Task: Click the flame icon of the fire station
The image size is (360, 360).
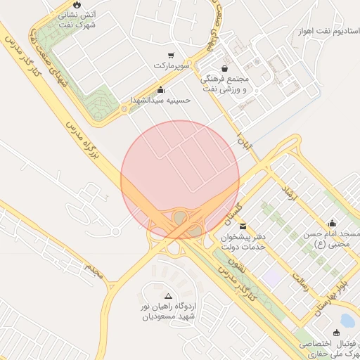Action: pyautogui.click(x=77, y=4)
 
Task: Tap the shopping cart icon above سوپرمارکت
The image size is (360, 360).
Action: pyautogui.click(x=171, y=55)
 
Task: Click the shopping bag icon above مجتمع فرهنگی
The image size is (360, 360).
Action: pyautogui.click(x=224, y=68)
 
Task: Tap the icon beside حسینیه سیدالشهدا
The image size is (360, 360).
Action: pyautogui.click(x=161, y=89)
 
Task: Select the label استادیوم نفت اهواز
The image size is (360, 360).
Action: pyautogui.click(x=329, y=31)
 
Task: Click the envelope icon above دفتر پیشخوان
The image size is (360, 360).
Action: pyautogui.click(x=243, y=226)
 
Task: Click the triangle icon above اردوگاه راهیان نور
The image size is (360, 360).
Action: pyautogui.click(x=168, y=297)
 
